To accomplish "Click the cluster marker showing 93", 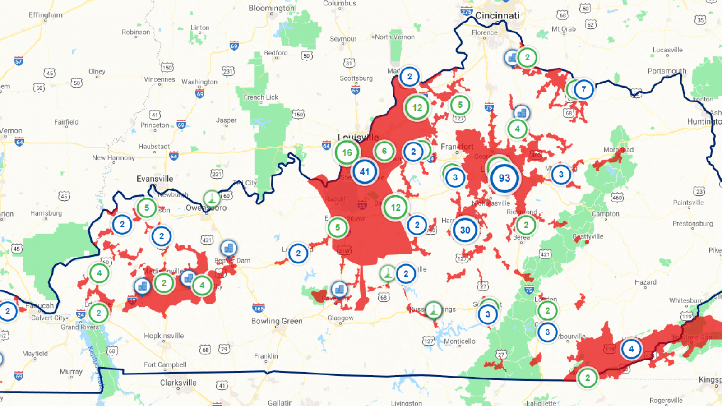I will (504, 178).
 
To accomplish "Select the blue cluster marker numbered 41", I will (365, 172).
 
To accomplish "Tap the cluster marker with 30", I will (465, 231).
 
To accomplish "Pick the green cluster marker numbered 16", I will (347, 152).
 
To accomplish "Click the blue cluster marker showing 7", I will (583, 89).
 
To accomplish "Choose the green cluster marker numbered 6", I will (384, 151).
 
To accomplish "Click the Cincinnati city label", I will (497, 16).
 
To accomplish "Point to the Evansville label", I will (155, 179).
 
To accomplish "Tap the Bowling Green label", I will (277, 321).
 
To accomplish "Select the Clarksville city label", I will (178, 383).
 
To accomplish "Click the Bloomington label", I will (272, 8).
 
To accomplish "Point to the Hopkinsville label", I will (164, 336).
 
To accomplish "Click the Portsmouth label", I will (666, 71).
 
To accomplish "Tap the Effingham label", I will (46, 15).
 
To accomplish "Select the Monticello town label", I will (459, 341).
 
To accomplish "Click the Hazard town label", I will (645, 282).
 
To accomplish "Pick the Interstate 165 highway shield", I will (259, 309).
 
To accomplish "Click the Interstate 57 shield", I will (19, 61).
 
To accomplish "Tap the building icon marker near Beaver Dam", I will (229, 248).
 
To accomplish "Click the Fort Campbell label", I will (165, 365).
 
